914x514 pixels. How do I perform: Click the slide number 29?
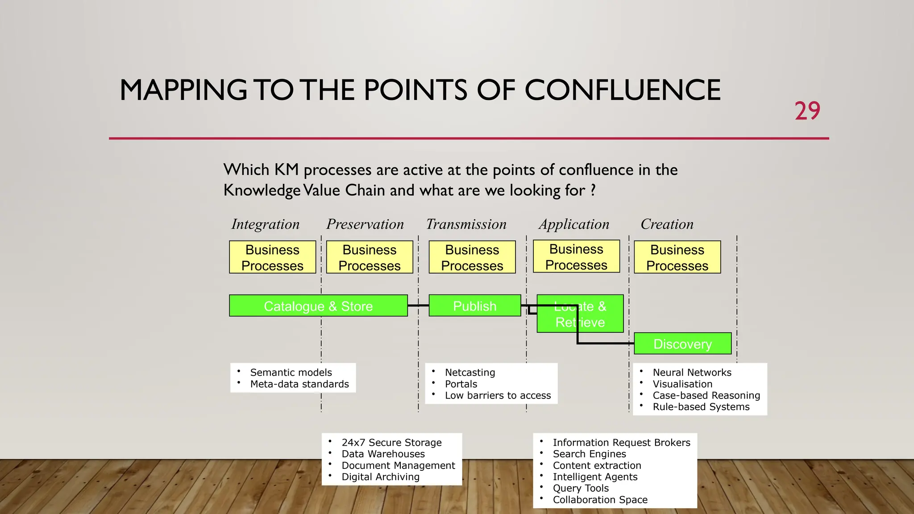(x=807, y=111)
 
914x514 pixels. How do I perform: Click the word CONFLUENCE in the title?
(x=622, y=90)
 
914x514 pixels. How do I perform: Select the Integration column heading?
(x=265, y=224)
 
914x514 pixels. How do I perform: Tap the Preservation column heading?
(x=365, y=224)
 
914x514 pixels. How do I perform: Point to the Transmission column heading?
(x=466, y=224)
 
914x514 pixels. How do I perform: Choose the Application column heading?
(x=574, y=224)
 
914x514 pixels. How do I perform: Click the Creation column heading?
(x=667, y=224)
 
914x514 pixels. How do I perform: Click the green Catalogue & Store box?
(x=318, y=306)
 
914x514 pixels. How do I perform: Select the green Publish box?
(x=474, y=306)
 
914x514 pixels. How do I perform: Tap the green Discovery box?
(x=682, y=344)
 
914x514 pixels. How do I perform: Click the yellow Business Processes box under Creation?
(x=677, y=257)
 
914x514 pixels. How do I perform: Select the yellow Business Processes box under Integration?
(x=272, y=257)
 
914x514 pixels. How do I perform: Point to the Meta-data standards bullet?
(x=299, y=384)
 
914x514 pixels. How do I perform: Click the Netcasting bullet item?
(x=470, y=373)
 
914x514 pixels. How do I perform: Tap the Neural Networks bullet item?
(x=692, y=373)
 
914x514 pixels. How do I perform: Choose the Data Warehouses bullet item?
(x=383, y=454)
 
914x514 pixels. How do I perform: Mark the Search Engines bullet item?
(x=589, y=454)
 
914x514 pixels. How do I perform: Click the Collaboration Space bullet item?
(x=600, y=500)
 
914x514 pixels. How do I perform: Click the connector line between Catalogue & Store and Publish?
(x=418, y=306)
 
